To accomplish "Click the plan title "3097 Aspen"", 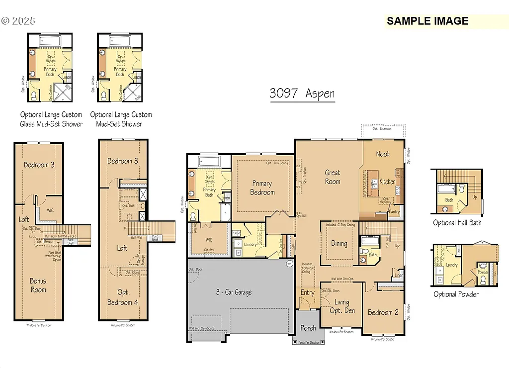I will [x=302, y=94].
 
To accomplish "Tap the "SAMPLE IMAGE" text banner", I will [x=427, y=21].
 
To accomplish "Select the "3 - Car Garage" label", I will [x=234, y=292].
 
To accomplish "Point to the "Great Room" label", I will [x=333, y=177].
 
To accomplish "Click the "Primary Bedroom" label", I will [x=262, y=188].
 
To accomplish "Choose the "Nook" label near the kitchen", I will [x=383, y=154].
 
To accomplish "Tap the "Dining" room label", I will [x=339, y=244].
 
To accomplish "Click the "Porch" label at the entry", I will [x=308, y=328].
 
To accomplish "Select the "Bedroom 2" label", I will [x=383, y=312].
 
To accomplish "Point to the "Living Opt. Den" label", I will [x=342, y=306].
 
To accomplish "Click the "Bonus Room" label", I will [x=38, y=286].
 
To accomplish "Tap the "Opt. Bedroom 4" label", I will [x=121, y=297].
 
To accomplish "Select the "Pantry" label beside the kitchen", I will [x=394, y=212].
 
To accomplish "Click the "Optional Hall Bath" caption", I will [x=457, y=223].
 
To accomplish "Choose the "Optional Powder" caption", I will [x=456, y=294].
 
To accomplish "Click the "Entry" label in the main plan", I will [x=307, y=292].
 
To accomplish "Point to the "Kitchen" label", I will [x=387, y=182].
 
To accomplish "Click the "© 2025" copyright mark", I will [x=18, y=21].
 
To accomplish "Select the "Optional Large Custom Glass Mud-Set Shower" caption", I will [x=51, y=119].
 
